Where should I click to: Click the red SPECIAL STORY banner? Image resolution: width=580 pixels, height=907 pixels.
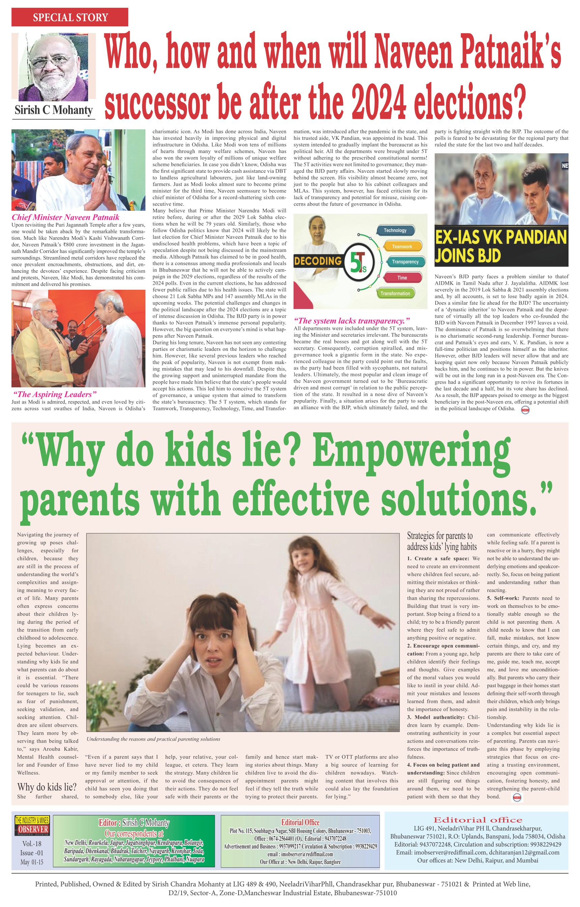70,17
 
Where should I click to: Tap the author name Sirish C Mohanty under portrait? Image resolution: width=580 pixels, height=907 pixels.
54,110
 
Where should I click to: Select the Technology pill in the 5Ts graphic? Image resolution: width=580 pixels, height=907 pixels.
395,230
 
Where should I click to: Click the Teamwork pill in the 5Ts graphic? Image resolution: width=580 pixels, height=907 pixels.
402,247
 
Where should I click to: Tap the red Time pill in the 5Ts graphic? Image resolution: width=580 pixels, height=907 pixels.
402,278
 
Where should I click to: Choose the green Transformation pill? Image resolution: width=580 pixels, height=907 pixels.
395,293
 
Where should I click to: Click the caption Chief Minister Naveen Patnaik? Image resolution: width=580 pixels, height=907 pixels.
65,217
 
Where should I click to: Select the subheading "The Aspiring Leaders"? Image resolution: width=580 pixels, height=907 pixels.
55,394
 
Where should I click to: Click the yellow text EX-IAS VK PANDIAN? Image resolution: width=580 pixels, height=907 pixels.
501,237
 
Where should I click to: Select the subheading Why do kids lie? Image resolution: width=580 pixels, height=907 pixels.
47,787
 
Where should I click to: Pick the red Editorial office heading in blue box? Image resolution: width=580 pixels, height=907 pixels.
477,820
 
